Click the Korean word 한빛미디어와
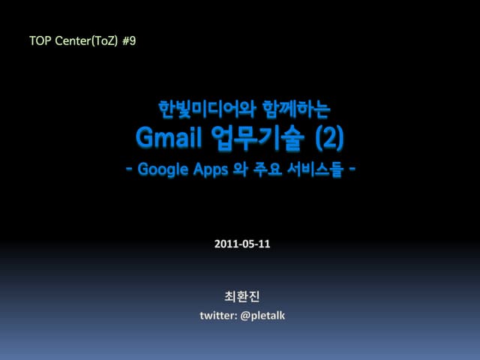tap(201, 110)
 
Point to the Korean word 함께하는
tap(296, 110)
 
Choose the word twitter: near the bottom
tap(217, 316)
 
